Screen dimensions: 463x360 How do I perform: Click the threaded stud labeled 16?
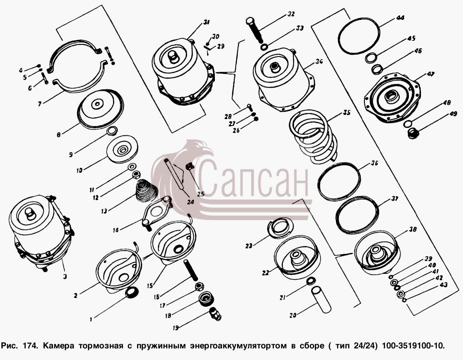point(190,271)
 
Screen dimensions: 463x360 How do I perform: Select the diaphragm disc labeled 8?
point(100,108)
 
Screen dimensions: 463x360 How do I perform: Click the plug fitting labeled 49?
point(413,133)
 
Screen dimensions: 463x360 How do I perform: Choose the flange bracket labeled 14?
point(156,211)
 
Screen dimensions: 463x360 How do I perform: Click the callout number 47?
point(430,74)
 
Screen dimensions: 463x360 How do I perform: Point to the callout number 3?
point(65,277)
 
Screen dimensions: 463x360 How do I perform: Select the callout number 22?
point(265,272)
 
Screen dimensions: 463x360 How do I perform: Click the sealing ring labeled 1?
point(131,293)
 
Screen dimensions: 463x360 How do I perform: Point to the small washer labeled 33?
point(264,47)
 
